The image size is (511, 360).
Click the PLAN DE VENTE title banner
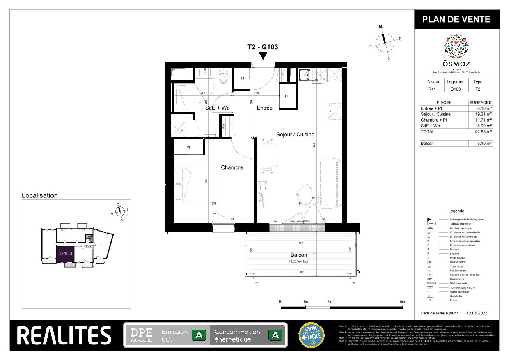tap(456, 19)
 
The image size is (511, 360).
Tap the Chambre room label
tap(232, 167)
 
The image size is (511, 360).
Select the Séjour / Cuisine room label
tap(295, 134)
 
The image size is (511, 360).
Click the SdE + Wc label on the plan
tap(218, 108)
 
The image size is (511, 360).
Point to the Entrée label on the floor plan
tap(265, 108)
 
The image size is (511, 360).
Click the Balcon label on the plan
tap(298, 255)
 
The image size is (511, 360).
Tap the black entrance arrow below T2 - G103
tap(263, 56)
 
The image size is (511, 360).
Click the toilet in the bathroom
tap(224, 77)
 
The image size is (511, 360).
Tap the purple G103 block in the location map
tap(66, 253)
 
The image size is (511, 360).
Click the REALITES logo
tap(64, 335)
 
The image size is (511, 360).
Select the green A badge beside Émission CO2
tap(199, 335)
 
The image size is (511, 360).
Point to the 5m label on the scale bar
tap(402, 302)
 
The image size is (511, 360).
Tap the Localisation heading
tap(40, 196)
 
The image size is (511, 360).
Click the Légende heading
tap(456, 211)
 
